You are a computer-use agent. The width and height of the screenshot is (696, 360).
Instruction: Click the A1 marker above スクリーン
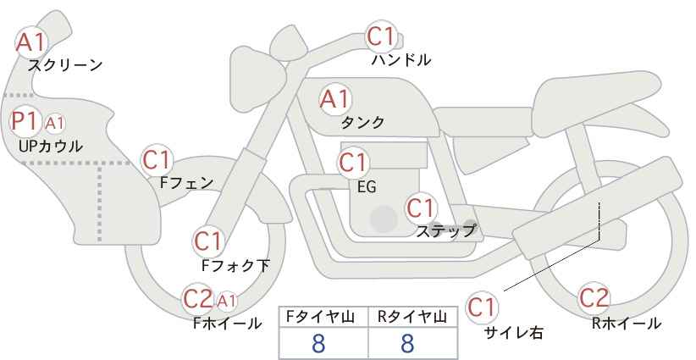coord(31,43)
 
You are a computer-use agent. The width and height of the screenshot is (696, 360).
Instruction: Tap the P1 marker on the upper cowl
coord(25,121)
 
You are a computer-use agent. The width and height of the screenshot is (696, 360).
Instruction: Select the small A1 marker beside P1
coord(54,124)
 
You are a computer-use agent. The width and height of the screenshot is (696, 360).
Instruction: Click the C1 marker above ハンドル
coord(381,36)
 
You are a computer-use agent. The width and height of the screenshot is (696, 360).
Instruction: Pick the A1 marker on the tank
coord(334,99)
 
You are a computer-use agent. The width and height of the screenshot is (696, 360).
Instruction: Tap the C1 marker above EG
coord(353,163)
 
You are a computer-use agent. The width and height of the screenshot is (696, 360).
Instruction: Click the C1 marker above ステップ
coord(421,208)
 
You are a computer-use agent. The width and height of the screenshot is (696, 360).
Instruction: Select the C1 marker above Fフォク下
coord(207,241)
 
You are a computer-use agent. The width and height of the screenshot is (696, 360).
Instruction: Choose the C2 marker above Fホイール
coord(198,299)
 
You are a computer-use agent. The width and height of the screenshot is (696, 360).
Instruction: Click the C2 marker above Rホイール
coord(594,298)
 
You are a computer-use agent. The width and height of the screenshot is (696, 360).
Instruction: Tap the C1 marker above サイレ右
coord(482,307)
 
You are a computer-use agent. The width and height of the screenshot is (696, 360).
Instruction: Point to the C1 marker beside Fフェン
coord(157,160)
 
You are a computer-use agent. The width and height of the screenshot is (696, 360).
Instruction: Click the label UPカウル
coord(51,146)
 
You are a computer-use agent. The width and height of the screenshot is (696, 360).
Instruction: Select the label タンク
coord(362,122)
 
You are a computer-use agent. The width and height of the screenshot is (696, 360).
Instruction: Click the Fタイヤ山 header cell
coord(323,318)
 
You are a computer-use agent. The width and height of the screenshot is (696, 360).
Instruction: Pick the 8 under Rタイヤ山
coord(407,343)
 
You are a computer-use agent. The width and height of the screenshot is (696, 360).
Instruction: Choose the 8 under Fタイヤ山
coord(318,343)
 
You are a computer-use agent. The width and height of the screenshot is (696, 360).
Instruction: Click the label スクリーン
coord(65,65)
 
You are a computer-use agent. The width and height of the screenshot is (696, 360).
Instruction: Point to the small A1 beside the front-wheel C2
coord(226,302)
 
